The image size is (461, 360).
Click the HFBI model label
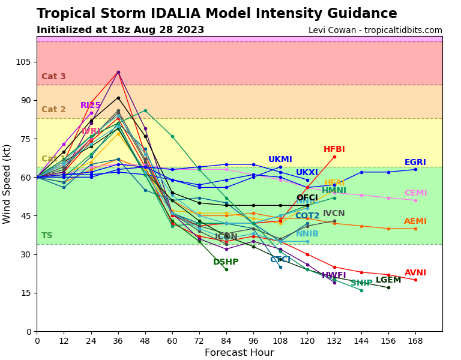(334, 149)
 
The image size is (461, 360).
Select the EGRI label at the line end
(415, 163)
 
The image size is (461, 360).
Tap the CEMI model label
(415, 193)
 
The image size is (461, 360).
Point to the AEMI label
(415, 221)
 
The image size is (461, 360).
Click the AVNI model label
(415, 273)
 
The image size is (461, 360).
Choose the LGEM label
(388, 280)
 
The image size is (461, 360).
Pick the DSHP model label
(226, 262)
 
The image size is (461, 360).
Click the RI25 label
(91, 106)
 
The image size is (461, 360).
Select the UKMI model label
(280, 160)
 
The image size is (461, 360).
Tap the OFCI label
(307, 198)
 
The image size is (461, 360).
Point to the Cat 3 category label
(53, 77)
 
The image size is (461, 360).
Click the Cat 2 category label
(53, 110)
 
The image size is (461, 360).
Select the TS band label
(47, 236)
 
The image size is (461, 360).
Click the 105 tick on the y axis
(23, 62)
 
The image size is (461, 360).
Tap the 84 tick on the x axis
(226, 341)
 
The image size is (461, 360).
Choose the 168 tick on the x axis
(415, 341)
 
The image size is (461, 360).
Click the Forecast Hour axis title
(239, 353)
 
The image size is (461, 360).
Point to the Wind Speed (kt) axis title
(7, 184)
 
